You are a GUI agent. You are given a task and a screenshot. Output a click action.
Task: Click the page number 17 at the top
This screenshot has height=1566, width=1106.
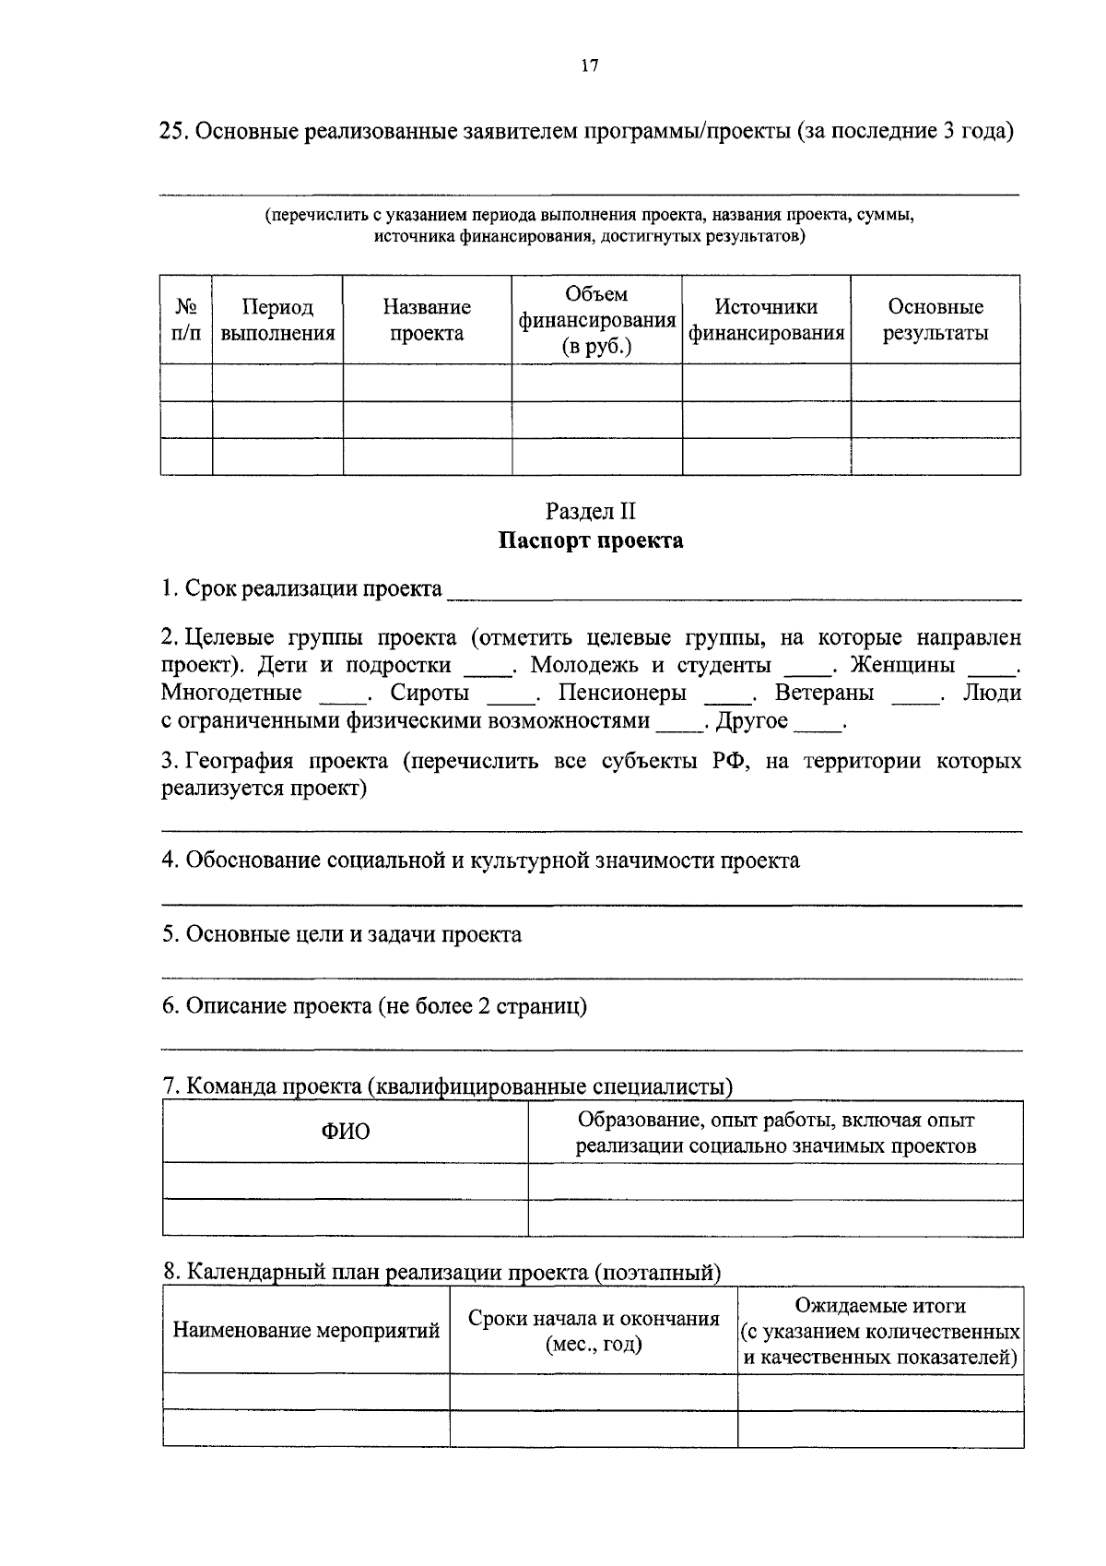[x=591, y=65]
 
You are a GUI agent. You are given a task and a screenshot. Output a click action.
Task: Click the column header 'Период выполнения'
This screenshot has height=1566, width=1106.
[x=277, y=320]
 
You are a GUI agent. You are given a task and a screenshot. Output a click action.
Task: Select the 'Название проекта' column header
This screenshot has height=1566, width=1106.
[x=427, y=320]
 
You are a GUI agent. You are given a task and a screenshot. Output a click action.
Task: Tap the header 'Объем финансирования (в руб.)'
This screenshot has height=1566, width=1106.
[x=596, y=320]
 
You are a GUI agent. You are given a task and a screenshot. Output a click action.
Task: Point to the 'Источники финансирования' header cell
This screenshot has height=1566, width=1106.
[x=766, y=320]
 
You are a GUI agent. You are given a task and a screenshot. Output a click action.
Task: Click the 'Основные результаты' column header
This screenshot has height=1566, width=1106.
[x=935, y=320]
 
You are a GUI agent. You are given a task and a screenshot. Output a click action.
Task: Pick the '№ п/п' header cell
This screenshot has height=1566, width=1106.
[x=186, y=320]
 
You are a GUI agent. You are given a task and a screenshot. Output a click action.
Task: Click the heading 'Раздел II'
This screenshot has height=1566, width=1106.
[x=591, y=512]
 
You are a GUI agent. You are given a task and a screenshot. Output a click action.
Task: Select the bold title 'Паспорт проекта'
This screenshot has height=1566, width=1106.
[x=591, y=540]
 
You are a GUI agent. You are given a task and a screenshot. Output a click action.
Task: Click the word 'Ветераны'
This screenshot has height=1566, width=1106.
[x=824, y=693]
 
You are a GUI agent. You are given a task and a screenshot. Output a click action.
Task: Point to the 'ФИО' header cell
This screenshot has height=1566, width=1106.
[x=346, y=1132]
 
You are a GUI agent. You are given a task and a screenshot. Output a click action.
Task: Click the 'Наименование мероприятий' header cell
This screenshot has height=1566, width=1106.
[x=306, y=1331]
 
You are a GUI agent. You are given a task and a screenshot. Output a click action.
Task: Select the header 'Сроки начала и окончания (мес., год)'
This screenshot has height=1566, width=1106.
[x=594, y=1331]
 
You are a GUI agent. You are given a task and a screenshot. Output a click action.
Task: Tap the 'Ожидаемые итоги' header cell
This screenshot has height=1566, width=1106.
[x=880, y=1331]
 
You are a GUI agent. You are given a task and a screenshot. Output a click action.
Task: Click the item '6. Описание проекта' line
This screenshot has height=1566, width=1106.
[x=374, y=1006]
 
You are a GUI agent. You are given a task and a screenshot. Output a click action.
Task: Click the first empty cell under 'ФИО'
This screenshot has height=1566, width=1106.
[x=346, y=1181]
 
